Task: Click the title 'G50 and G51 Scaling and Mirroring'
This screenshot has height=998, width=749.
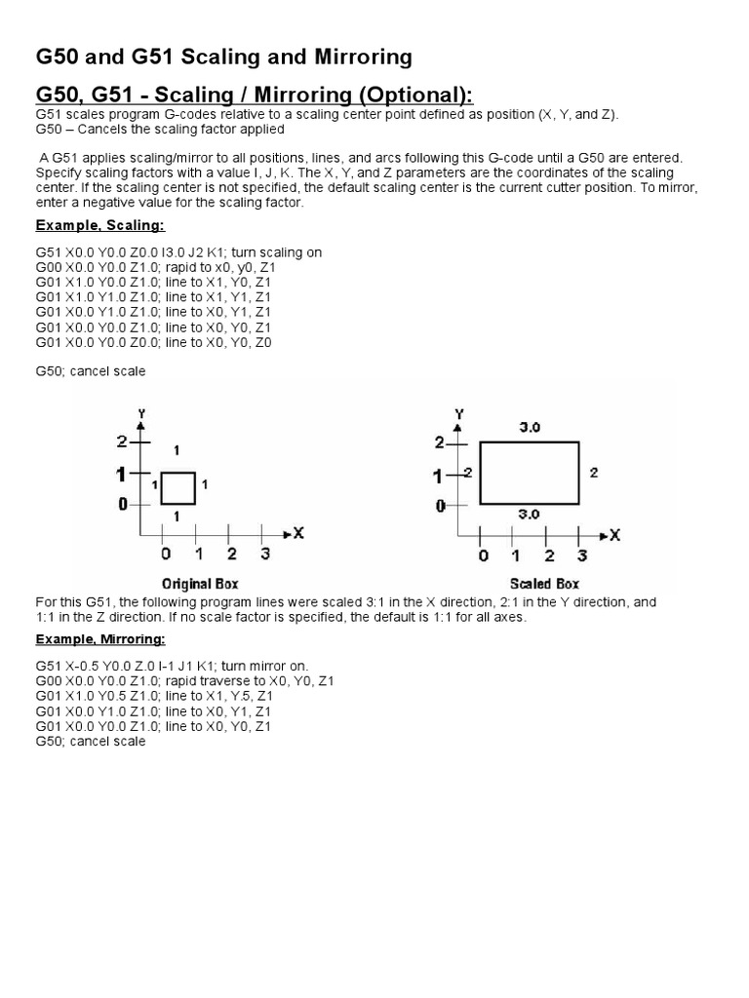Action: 223,58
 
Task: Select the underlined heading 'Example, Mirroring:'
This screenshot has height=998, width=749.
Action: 100,639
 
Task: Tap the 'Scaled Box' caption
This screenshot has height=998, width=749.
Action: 543,584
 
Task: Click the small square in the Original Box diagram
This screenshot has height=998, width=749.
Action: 178,488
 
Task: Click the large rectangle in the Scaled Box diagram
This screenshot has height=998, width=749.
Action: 531,473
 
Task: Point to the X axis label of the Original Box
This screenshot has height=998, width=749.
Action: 298,533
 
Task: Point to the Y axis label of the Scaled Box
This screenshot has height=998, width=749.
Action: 459,414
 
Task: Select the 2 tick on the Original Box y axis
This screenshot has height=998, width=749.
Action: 122,441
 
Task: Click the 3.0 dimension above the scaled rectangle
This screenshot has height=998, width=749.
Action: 530,427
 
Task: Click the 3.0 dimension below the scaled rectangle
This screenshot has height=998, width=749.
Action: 530,515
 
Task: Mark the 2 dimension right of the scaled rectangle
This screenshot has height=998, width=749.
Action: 594,473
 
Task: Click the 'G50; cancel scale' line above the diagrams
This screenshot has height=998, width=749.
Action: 91,371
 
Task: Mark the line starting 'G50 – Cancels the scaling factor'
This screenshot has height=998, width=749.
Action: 160,129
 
